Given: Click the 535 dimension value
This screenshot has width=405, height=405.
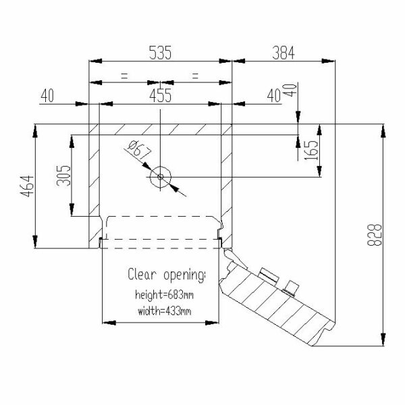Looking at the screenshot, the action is point(160,53).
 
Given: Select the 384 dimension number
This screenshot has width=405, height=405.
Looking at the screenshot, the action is point(283,53).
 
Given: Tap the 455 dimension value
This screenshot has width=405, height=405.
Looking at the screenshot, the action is point(160,96).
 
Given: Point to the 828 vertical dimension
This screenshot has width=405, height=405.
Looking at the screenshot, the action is point(374,235).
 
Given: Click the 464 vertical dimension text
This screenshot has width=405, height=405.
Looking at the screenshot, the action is point(28,186).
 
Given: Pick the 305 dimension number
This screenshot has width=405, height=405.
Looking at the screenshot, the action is point(63,176).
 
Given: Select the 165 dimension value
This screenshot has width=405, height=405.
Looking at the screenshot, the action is point(310,150).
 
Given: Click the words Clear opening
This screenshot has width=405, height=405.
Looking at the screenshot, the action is point(167,275).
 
